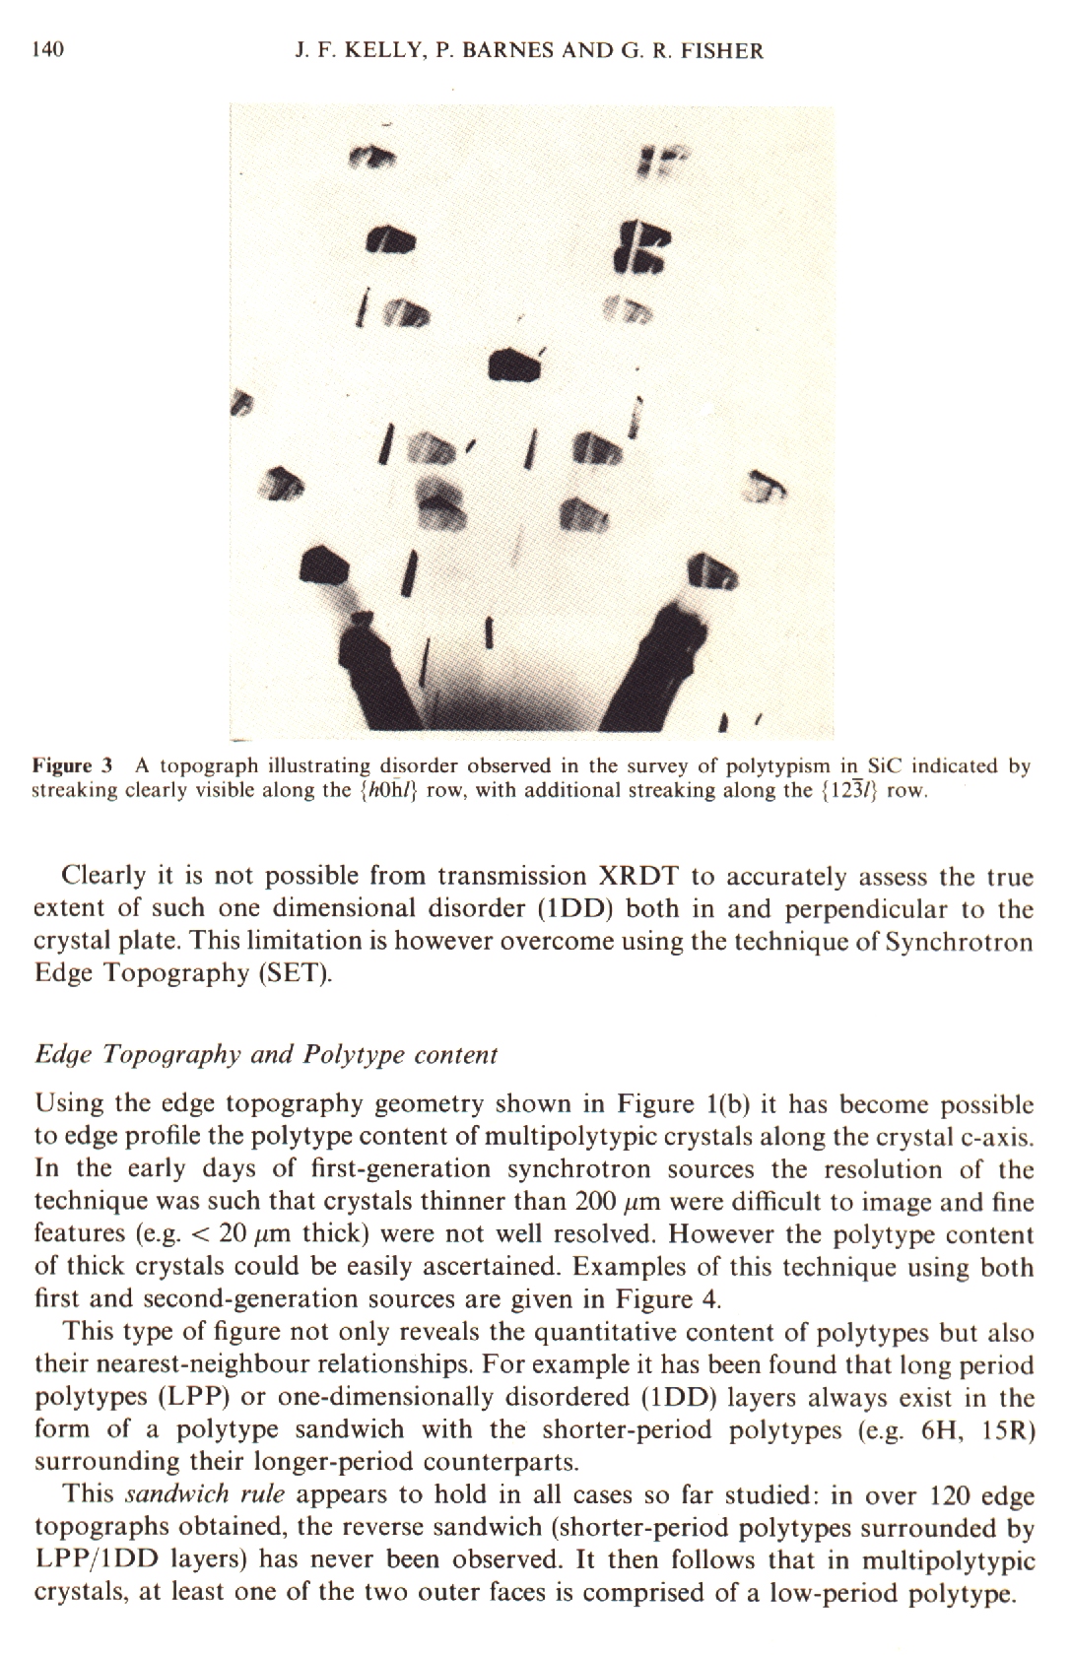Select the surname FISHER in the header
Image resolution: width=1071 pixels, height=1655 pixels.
(715, 50)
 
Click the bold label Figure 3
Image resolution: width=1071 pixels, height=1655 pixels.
(75, 765)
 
